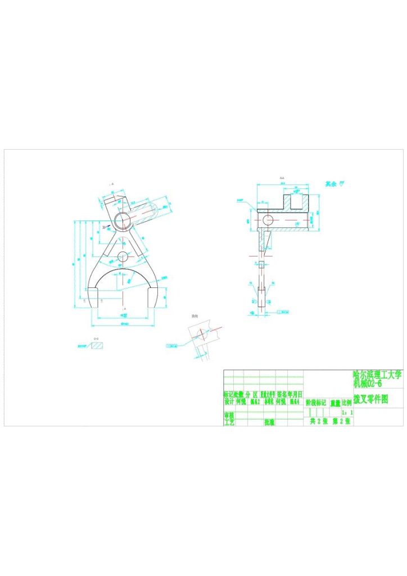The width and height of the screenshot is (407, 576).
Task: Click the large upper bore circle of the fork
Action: (121, 220)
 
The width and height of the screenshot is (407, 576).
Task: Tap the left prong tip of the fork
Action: (93, 298)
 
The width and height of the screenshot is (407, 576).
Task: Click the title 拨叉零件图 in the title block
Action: (370, 399)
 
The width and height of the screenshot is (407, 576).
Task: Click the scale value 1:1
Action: (347, 412)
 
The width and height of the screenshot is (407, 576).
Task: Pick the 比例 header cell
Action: (347, 403)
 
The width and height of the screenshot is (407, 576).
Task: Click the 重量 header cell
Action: (335, 403)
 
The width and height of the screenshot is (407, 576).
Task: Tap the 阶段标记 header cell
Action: (315, 403)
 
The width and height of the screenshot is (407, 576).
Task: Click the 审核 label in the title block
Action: (229, 415)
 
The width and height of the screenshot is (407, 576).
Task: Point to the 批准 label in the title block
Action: (269, 422)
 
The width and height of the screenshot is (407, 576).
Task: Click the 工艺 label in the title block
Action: (229, 422)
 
